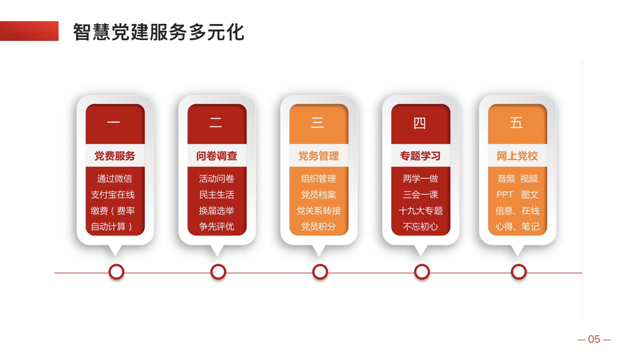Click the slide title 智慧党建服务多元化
[x=159, y=32]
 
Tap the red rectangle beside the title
[x=29, y=31]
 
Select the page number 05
[x=594, y=339]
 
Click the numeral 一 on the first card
[x=114, y=122]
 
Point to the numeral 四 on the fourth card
[x=419, y=123]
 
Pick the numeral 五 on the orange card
[x=516, y=123]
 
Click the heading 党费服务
[x=115, y=156]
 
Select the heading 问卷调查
[x=217, y=156]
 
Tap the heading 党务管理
[x=319, y=156]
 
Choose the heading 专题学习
[x=420, y=156]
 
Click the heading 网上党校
[x=517, y=156]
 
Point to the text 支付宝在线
[x=113, y=195]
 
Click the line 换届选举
[x=217, y=211]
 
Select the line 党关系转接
[x=319, y=211]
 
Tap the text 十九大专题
[x=421, y=211]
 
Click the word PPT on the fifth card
[x=505, y=195]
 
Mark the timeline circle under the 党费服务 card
[x=116, y=272]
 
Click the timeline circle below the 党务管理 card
[x=320, y=272]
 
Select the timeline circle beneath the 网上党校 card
[x=519, y=272]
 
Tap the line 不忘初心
[x=420, y=226]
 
